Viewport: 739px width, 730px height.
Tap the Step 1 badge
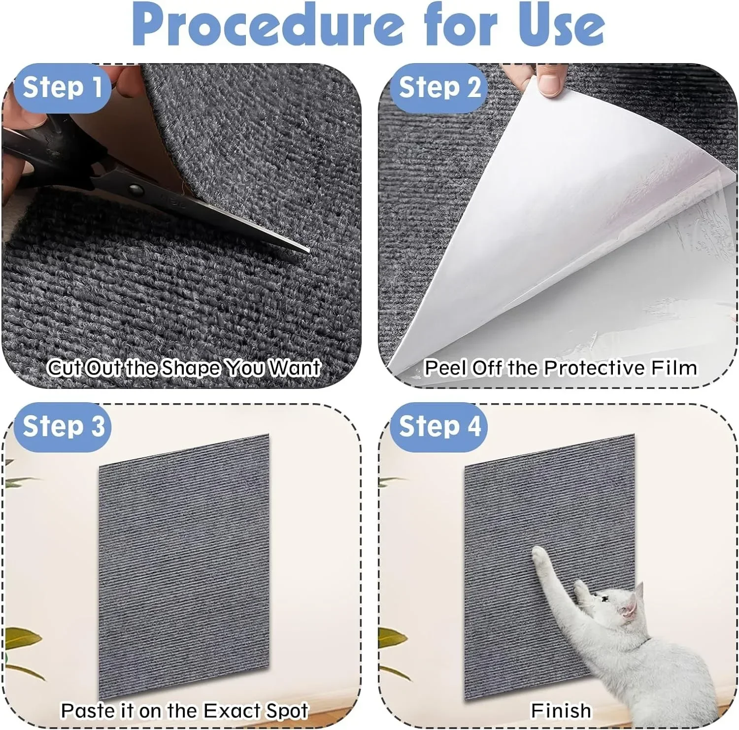(62, 88)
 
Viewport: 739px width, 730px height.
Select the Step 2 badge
(439, 88)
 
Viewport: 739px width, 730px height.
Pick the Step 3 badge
(63, 426)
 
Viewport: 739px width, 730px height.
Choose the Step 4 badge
(439, 426)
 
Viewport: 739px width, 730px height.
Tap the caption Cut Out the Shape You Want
(184, 368)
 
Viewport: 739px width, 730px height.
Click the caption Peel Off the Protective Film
(561, 368)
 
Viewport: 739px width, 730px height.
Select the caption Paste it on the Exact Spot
(184, 710)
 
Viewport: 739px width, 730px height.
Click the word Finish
(561, 710)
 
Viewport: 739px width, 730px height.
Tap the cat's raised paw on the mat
(540, 555)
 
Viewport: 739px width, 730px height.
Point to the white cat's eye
(605, 599)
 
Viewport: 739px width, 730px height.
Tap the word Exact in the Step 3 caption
(232, 710)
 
